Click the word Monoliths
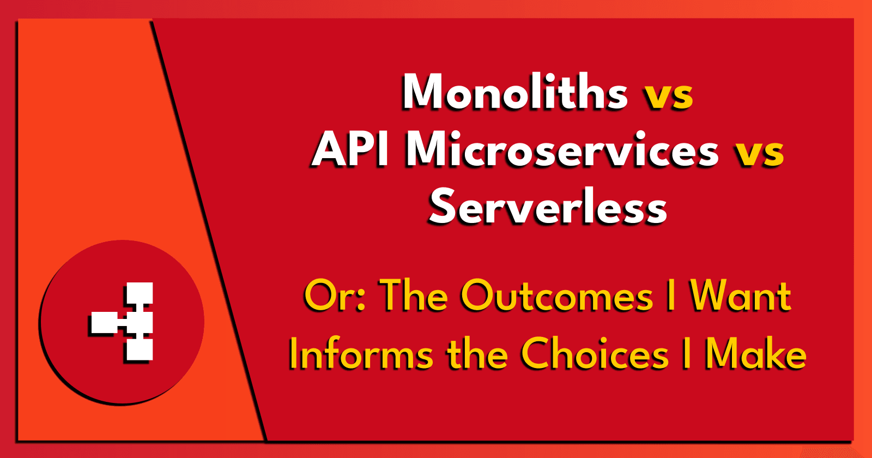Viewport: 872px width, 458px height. coord(515,92)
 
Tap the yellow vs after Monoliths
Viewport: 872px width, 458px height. coord(669,96)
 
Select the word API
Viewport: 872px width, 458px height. coord(349,149)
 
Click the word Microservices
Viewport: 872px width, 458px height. coord(562,149)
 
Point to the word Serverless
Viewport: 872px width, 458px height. coord(548,207)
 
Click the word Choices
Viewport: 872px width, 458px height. coord(595,354)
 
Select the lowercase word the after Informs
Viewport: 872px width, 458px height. coord(477,354)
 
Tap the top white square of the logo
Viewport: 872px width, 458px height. coord(140,293)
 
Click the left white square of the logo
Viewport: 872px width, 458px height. coord(105,323)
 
